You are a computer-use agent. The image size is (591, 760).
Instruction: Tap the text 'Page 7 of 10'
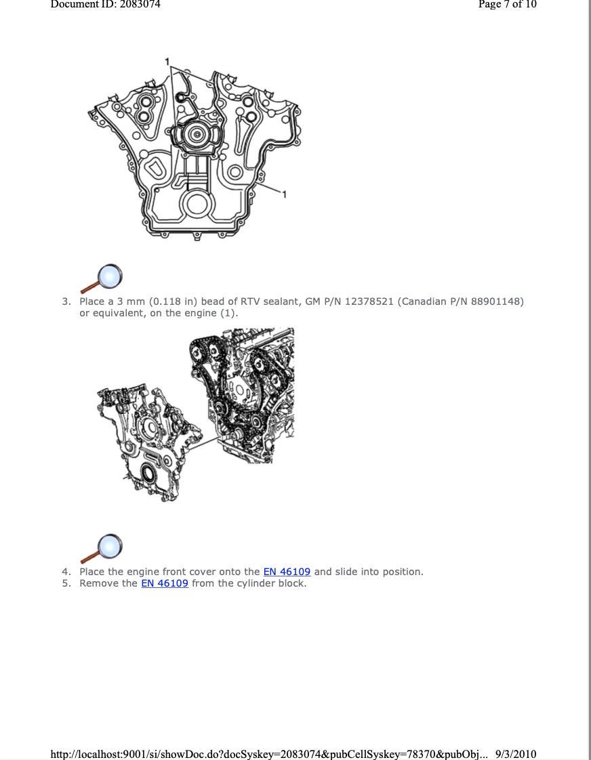click(507, 4)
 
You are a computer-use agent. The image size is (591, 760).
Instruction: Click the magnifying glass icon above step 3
click(102, 278)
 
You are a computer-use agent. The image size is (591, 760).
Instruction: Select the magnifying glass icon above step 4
click(102, 548)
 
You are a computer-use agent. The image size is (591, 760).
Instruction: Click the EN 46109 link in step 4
click(287, 572)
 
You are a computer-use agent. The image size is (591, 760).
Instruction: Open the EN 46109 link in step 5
click(165, 583)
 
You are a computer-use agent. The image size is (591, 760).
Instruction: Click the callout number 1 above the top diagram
click(167, 62)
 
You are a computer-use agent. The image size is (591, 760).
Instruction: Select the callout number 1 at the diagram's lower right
click(285, 194)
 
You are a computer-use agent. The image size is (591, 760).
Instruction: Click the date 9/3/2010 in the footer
click(516, 754)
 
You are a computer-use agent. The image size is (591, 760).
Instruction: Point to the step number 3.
click(66, 301)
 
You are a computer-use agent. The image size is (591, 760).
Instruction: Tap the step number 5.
click(66, 583)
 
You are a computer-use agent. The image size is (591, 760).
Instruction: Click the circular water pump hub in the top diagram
click(197, 135)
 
